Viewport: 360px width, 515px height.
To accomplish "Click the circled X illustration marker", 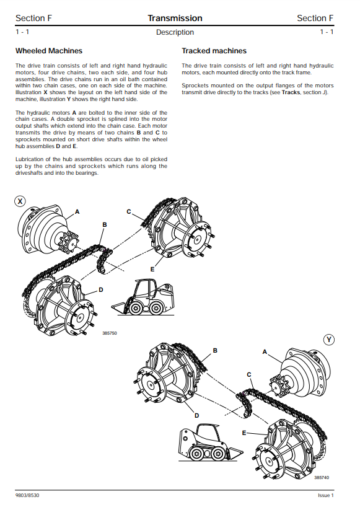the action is pyautogui.click(x=20, y=201).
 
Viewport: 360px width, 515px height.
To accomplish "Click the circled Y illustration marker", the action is pyautogui.click(x=329, y=340).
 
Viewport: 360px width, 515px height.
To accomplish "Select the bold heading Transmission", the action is pyautogui.click(x=175, y=18).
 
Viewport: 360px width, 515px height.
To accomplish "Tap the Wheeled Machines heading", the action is pyautogui.click(x=49, y=51).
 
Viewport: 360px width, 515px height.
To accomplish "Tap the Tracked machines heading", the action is pyautogui.click(x=214, y=51).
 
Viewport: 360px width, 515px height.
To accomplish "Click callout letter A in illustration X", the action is pyautogui.click(x=77, y=212).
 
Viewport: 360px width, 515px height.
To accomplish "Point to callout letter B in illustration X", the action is pyautogui.click(x=105, y=225).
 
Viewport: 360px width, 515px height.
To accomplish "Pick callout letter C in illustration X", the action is pyautogui.click(x=129, y=212).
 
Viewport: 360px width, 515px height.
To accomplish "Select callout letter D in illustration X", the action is pyautogui.click(x=101, y=289).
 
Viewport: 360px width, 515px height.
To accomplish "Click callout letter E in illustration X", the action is pyautogui.click(x=152, y=270).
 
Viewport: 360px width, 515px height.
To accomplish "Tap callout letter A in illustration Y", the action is pyautogui.click(x=265, y=352).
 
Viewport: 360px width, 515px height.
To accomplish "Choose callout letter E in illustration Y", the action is pyautogui.click(x=244, y=433).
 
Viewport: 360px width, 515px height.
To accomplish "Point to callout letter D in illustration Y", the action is pyautogui.click(x=197, y=415).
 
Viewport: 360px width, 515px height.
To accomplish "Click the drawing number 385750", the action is pyautogui.click(x=110, y=333).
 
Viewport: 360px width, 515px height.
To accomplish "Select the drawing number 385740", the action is pyautogui.click(x=322, y=477).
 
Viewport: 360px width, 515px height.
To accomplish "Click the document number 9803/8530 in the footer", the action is pyautogui.click(x=27, y=495).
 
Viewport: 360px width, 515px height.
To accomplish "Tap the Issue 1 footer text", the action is pyautogui.click(x=326, y=495).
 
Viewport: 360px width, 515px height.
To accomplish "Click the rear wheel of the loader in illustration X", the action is pyautogui.click(x=156, y=309).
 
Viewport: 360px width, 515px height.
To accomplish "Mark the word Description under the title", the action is pyautogui.click(x=175, y=32).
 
